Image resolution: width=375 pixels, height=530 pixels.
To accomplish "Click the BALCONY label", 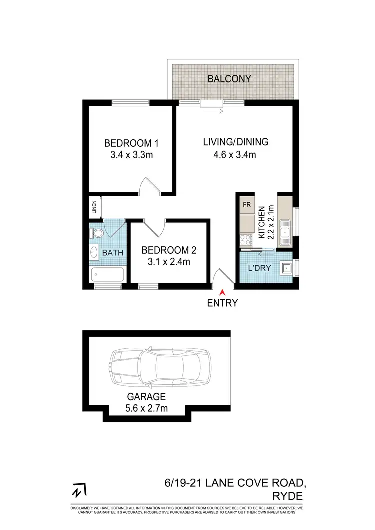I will tap(229, 79).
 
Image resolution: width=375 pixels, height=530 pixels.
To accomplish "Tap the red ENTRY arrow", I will tap(222, 292).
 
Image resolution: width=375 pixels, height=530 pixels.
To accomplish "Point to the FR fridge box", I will tap(246, 205).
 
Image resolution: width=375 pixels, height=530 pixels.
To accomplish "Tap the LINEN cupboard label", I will tap(93, 207).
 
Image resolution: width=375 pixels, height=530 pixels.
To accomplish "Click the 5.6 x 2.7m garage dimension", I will tap(146, 409).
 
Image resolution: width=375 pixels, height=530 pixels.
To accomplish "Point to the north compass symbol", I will tap(78, 491).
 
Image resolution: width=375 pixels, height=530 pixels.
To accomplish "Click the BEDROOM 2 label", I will tap(165, 250).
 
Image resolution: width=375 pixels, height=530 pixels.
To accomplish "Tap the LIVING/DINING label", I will tap(235, 142).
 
